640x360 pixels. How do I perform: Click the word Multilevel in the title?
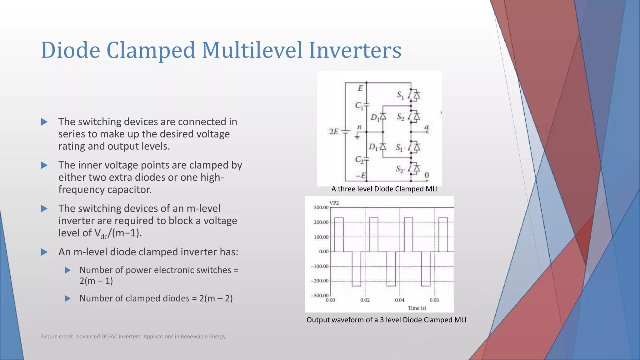tap(252, 50)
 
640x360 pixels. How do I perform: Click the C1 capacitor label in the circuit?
tap(359, 106)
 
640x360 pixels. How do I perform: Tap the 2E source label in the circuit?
tap(334, 132)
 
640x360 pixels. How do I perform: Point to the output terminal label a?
tap(427, 127)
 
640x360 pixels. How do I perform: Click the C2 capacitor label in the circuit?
tap(359, 160)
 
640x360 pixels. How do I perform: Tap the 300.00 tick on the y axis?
tap(321, 207)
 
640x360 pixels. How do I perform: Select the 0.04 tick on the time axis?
tap(399, 300)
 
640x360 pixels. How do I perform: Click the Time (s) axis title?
tap(417, 308)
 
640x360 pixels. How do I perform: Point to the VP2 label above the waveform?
tap(334, 203)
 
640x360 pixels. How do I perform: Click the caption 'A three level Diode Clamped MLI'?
tap(384, 189)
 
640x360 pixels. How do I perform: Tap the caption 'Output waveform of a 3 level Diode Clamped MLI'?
tap(386, 320)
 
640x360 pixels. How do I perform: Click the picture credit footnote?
tap(133, 337)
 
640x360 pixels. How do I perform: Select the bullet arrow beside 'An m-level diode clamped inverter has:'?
tap(44, 252)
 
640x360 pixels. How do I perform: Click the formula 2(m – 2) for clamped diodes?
tap(216, 298)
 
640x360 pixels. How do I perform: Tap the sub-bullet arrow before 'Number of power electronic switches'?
tap(68, 270)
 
